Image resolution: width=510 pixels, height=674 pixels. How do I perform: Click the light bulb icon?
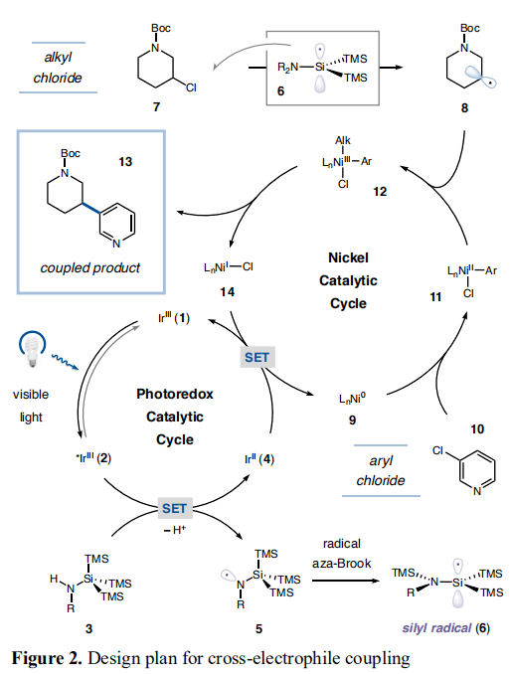click(x=32, y=349)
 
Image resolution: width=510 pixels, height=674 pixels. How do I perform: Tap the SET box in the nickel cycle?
click(x=256, y=357)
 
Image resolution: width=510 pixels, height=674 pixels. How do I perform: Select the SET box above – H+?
click(x=174, y=509)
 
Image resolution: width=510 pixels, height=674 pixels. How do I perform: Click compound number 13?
click(x=125, y=162)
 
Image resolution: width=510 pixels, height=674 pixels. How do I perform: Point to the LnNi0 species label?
click(x=352, y=399)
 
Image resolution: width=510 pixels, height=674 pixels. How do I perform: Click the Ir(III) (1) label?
click(x=174, y=318)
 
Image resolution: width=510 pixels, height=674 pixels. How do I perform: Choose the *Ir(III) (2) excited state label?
click(x=93, y=458)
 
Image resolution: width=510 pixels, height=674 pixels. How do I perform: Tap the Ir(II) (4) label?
click(x=258, y=459)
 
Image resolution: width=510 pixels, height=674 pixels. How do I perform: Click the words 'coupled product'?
click(x=89, y=267)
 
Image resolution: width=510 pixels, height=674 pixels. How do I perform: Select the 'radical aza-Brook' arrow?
click(x=345, y=581)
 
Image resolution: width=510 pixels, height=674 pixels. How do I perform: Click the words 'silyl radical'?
click(x=436, y=628)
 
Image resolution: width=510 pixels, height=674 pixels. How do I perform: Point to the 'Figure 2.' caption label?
click(x=47, y=658)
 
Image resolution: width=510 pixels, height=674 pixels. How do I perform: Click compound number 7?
click(x=156, y=106)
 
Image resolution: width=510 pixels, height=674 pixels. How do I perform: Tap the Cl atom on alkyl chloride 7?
click(x=191, y=87)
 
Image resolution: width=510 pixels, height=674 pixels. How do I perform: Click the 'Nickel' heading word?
click(x=348, y=257)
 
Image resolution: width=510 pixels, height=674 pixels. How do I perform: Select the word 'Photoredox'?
click(x=175, y=394)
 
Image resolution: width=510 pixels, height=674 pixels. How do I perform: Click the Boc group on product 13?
click(x=71, y=153)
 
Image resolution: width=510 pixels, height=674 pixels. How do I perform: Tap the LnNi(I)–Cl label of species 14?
click(x=229, y=267)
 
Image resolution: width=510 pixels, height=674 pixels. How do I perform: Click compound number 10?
click(x=477, y=429)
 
